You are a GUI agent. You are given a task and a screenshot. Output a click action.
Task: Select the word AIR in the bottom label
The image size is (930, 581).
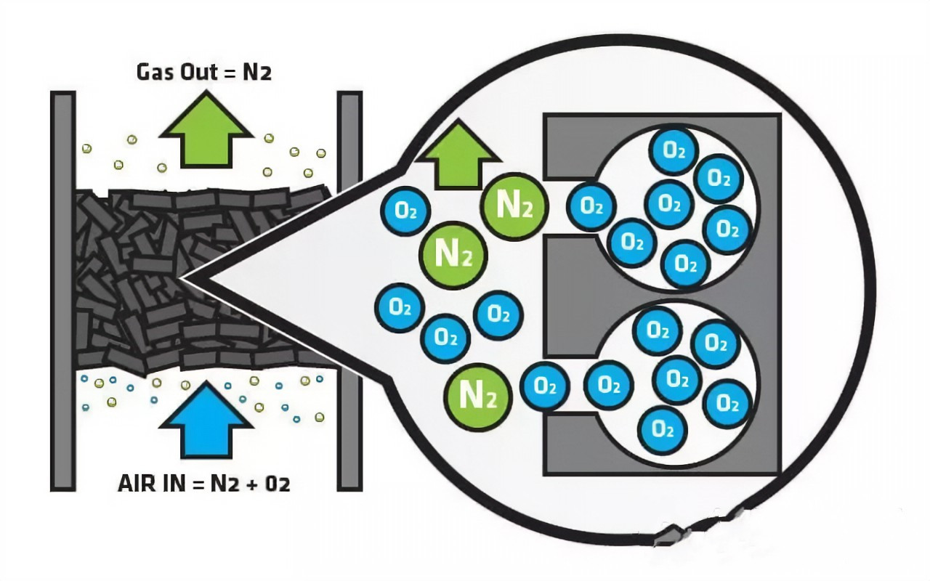(136, 484)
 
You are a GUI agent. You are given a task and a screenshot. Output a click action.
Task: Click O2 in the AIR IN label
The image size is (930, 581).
(278, 484)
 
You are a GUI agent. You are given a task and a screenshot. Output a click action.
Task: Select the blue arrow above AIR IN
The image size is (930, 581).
(206, 424)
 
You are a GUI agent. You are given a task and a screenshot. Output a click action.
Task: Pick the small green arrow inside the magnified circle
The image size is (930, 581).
(457, 156)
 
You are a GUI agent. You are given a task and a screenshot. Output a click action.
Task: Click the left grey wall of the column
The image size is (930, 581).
(62, 290)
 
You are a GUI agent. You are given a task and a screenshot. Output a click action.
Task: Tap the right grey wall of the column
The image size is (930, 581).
(349, 290)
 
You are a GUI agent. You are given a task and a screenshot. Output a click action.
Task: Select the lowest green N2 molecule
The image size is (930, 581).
(480, 397)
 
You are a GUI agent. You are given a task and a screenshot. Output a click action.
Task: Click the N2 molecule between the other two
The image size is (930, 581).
(453, 255)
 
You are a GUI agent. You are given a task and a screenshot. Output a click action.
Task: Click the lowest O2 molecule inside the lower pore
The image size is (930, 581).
(663, 428)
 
